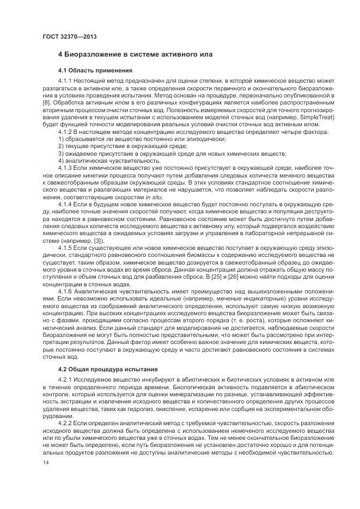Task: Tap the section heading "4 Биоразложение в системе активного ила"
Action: coord(135,54)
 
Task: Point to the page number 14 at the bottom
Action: coord(46,462)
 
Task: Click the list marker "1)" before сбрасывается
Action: coord(61,139)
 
